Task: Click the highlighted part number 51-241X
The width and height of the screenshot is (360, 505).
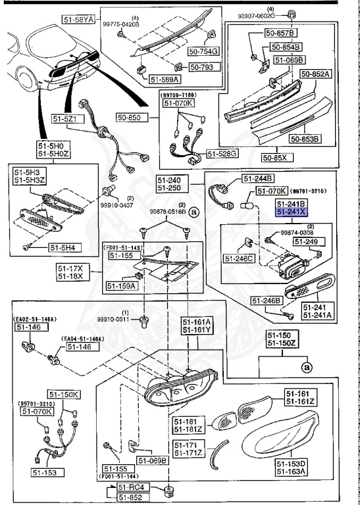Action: coord(290,212)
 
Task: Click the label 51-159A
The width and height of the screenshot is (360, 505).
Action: coord(121,286)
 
